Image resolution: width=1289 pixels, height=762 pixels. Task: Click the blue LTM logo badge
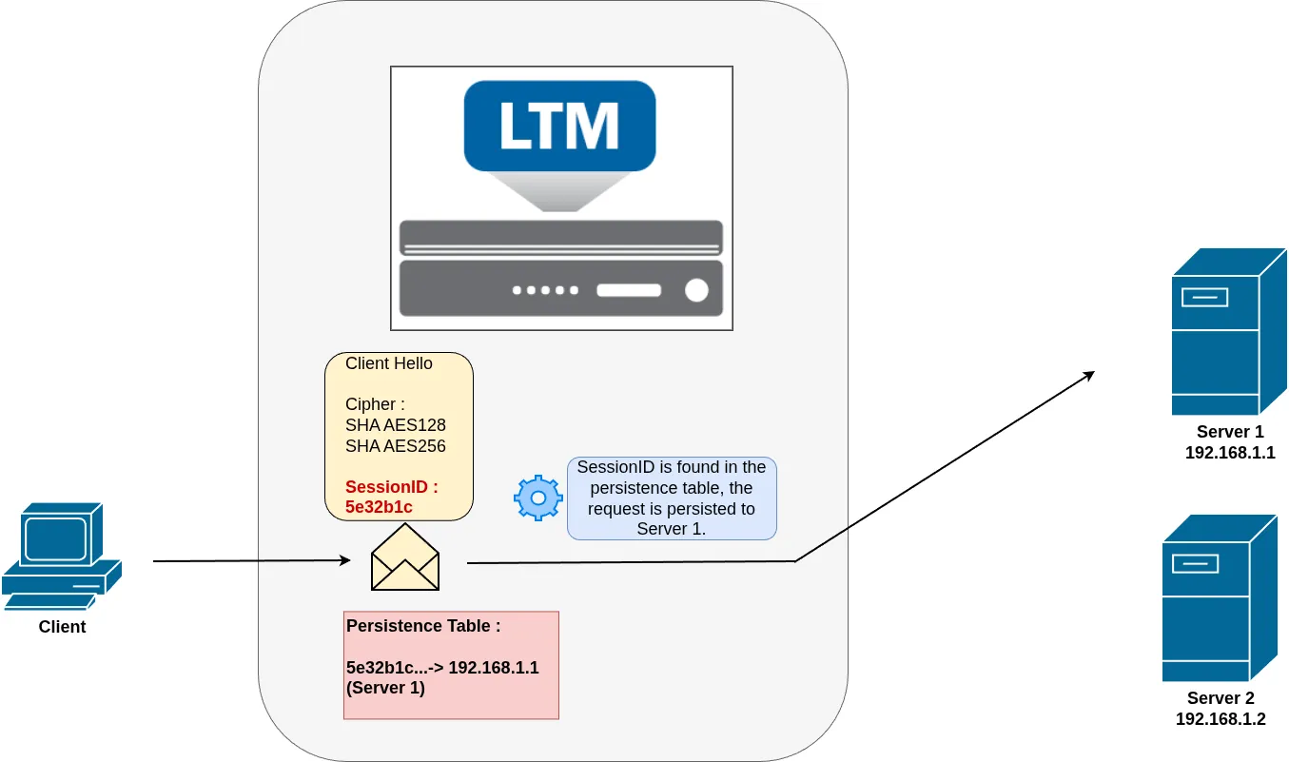559,126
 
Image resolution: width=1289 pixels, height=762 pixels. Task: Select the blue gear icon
538,498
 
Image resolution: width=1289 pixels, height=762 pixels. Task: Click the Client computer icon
62,556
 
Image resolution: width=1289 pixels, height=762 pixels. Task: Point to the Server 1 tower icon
1228,331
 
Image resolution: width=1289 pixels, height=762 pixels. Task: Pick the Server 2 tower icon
1220,598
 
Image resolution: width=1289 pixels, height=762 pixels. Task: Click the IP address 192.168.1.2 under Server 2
1221,719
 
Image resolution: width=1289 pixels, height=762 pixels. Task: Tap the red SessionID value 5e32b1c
379,507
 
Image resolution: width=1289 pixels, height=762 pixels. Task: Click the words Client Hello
388,363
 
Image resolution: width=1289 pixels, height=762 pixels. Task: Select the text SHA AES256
396,446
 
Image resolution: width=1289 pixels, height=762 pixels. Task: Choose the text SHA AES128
396,424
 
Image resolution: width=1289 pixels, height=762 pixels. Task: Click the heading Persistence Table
423,626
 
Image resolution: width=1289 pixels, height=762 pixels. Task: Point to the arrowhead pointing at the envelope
345,560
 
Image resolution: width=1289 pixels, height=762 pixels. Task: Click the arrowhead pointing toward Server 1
1088,376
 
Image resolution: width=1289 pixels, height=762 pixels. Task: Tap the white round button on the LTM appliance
696,290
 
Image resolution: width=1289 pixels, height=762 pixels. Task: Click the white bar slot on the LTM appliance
629,290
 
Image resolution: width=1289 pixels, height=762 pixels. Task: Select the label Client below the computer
62,626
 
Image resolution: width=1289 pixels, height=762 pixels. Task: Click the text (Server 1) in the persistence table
385,688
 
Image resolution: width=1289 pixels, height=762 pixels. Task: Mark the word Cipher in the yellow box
370,404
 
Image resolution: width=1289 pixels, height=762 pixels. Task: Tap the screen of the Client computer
56,538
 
